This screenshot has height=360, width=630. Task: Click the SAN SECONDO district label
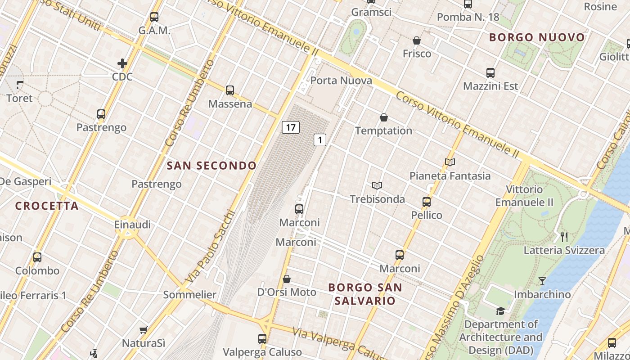click(x=211, y=166)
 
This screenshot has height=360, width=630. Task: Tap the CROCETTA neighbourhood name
click(x=47, y=206)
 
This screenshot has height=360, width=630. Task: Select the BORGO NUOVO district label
click(x=537, y=37)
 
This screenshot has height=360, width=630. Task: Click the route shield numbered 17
click(x=291, y=127)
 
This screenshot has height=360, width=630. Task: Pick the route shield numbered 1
click(x=319, y=140)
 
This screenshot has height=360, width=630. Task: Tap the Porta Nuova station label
click(x=341, y=81)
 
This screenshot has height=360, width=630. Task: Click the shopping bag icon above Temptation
click(x=384, y=118)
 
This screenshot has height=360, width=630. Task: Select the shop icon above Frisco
click(x=417, y=41)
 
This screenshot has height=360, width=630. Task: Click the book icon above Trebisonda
click(x=377, y=185)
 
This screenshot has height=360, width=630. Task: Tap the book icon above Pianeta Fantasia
click(x=450, y=162)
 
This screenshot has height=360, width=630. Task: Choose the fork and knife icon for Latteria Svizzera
click(x=564, y=237)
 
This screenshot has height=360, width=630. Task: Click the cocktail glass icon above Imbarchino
click(x=542, y=281)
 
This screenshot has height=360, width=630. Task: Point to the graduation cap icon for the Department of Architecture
click(x=500, y=311)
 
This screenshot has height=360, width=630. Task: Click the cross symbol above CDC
click(x=122, y=63)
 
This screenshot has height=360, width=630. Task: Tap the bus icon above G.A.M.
click(x=154, y=17)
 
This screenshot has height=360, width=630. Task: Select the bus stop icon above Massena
click(x=230, y=90)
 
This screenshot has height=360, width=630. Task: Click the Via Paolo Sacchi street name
click(x=211, y=246)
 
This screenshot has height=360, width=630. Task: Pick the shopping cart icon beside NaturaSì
click(x=144, y=330)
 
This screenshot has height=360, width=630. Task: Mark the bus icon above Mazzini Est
click(x=490, y=73)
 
